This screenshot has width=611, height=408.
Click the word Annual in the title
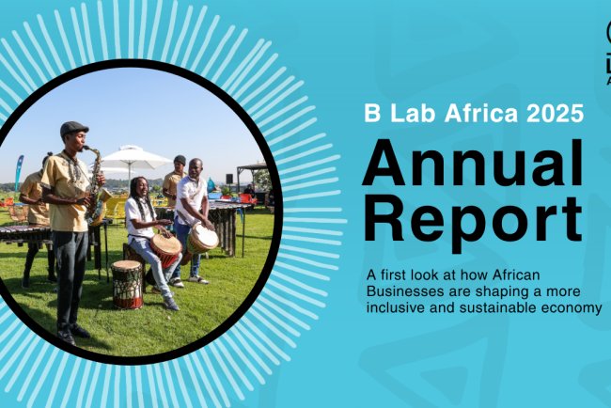(472, 165)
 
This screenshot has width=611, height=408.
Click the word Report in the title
(472, 222)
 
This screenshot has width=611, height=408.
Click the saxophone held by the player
(93, 183)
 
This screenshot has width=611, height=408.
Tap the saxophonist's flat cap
(72, 129)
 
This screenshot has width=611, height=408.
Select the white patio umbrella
(136, 157)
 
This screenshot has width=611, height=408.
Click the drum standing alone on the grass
(127, 284)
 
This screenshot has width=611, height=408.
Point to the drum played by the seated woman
(166, 249)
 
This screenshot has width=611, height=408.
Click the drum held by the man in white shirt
(202, 238)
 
